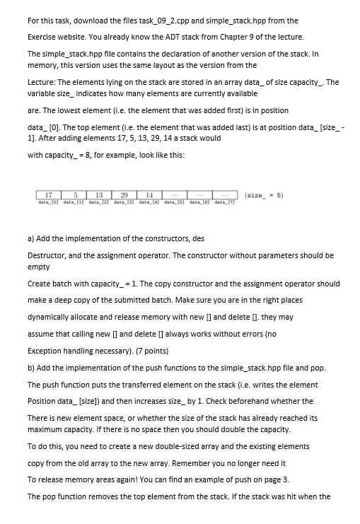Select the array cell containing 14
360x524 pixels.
point(150,175)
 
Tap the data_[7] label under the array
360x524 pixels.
point(225,184)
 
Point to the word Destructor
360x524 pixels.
point(47,255)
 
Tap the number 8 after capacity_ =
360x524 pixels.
point(81,156)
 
